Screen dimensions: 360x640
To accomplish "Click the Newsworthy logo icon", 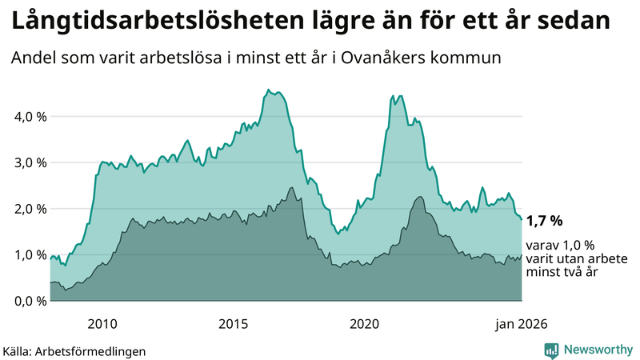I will pyautogui.click(x=551, y=350).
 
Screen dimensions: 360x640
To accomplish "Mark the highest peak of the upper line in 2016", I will pyautogui.click(x=268, y=90).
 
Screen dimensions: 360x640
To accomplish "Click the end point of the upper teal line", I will pyautogui.click(x=522, y=219).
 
